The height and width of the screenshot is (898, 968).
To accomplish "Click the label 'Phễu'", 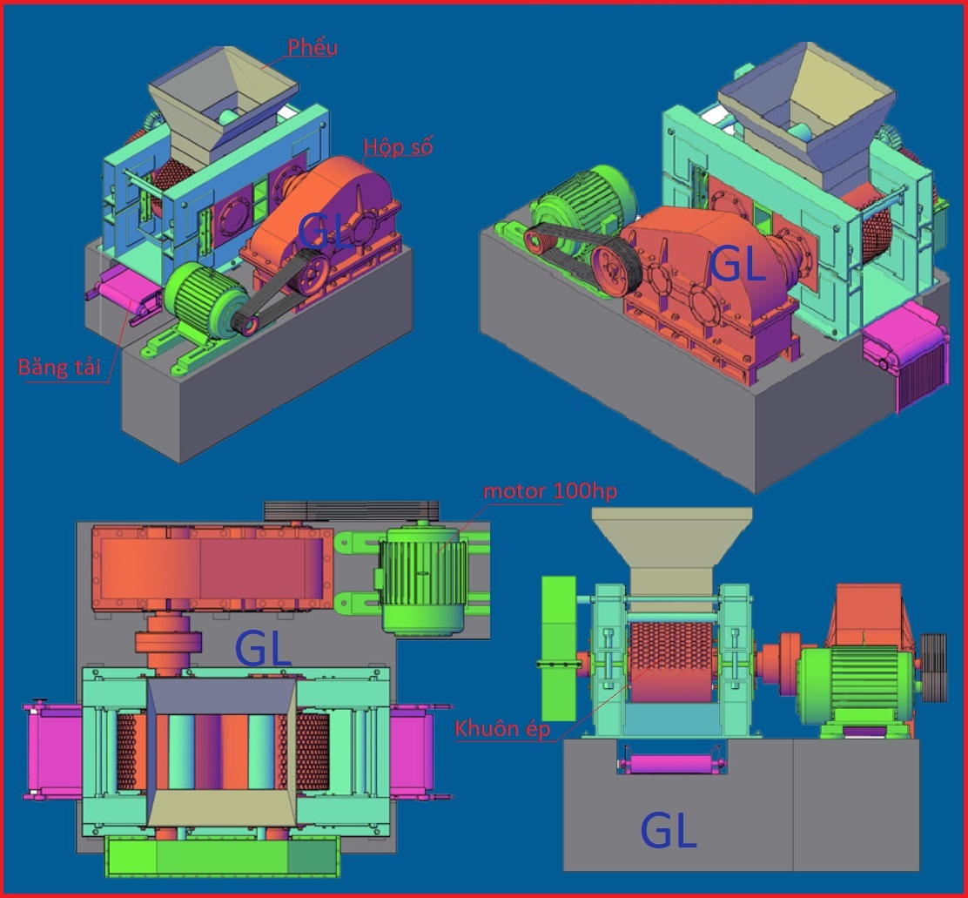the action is pyautogui.click(x=313, y=48).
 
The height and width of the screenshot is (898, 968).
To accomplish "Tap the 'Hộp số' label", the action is pyautogui.click(x=398, y=147).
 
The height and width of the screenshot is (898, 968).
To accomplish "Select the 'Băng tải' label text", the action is pyautogui.click(x=59, y=368).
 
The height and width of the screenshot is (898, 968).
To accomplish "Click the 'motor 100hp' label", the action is pyautogui.click(x=550, y=491).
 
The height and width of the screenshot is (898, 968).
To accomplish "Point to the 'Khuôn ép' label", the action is pyautogui.click(x=502, y=729).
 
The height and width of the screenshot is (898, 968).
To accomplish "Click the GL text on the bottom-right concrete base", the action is pyautogui.click(x=669, y=830).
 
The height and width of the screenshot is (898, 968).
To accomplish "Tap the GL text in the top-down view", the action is pyautogui.click(x=263, y=649).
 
